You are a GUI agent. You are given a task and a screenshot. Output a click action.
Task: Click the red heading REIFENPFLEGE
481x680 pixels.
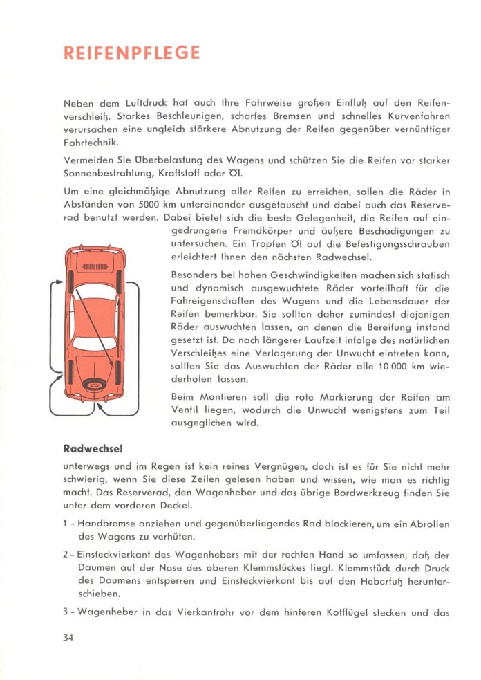[x=131, y=54]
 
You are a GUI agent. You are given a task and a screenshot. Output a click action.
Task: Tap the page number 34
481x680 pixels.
[x=67, y=637]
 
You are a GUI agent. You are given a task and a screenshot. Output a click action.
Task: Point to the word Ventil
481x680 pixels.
[x=187, y=411]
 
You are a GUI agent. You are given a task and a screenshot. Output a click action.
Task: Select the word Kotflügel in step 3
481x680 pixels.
[x=354, y=611]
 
